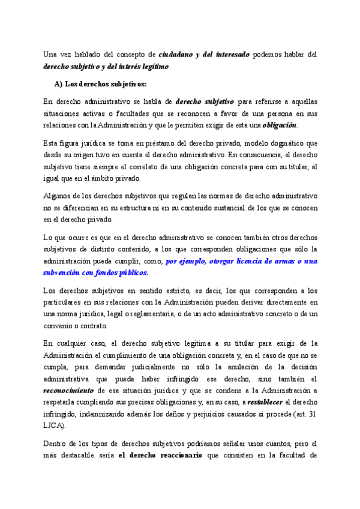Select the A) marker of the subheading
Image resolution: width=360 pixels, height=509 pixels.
coord(59,83)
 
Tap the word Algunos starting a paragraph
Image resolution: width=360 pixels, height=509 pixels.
coord(57,196)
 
